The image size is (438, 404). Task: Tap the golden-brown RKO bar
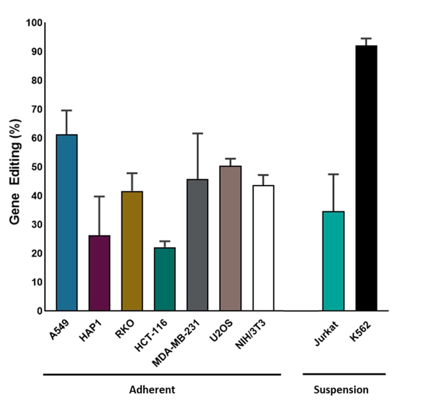point(132,251)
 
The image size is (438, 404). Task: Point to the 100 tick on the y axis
point(34,23)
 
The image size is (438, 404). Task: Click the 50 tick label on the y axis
point(36,167)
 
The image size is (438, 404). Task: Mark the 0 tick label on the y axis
point(39,311)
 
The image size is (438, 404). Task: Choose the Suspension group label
point(340,390)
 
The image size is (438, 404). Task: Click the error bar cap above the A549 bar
point(66,111)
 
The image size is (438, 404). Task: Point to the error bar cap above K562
point(366,39)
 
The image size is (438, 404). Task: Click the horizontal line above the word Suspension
point(344,375)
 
